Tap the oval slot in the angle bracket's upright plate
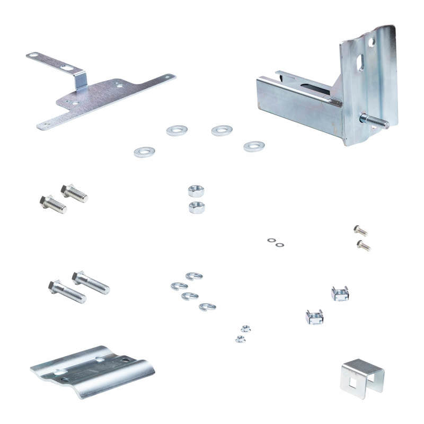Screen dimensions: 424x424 (x=360, y=64)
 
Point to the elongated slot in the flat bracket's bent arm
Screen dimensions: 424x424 (x=66, y=67)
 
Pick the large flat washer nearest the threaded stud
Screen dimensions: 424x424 (x=254, y=146)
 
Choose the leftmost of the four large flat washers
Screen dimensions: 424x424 (x=144, y=152)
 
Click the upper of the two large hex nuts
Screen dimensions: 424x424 (x=197, y=190)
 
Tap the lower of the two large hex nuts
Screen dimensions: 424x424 (x=197, y=207)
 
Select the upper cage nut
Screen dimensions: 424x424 (x=340, y=293)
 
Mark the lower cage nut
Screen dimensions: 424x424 (x=314, y=317)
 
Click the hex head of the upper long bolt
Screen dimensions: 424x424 (x=78, y=277)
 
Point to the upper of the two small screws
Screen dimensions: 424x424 (x=360, y=230)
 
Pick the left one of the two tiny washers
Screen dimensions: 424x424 (x=271, y=240)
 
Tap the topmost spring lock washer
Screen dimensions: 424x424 (x=194, y=276)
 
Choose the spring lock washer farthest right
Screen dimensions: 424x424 (x=207, y=307)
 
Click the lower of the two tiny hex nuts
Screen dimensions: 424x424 (x=240, y=339)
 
